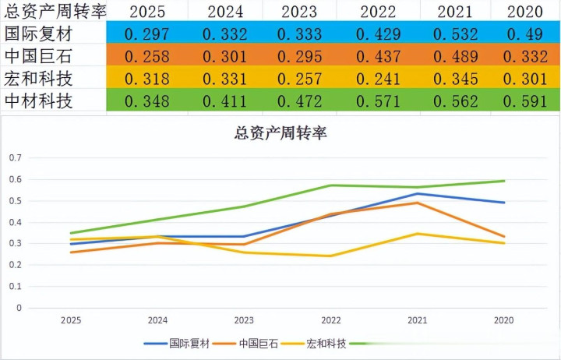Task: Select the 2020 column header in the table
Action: pos(525,12)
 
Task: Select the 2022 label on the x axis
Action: pos(331,319)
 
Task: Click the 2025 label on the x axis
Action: pos(71,319)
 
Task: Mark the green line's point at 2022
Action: pos(331,185)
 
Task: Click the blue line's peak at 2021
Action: pos(418,194)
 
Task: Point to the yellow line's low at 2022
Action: pos(331,256)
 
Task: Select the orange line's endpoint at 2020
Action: pos(504,236)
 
